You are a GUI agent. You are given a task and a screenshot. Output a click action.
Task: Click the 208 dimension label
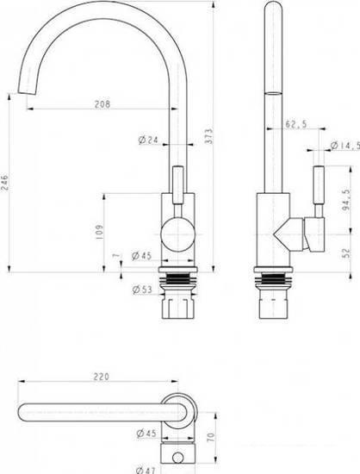(x=102, y=104)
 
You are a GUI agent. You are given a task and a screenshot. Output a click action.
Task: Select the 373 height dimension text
(x=209, y=136)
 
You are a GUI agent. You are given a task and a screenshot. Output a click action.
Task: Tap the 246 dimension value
(x=5, y=182)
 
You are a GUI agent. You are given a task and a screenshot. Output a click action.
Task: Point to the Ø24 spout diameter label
(x=148, y=140)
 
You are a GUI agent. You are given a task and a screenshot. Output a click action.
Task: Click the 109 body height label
(x=99, y=232)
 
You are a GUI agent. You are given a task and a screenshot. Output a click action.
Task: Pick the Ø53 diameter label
(x=142, y=290)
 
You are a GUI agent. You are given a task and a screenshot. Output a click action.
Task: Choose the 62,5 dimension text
(x=296, y=123)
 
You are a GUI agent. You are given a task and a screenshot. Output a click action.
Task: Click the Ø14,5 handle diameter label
(x=344, y=146)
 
